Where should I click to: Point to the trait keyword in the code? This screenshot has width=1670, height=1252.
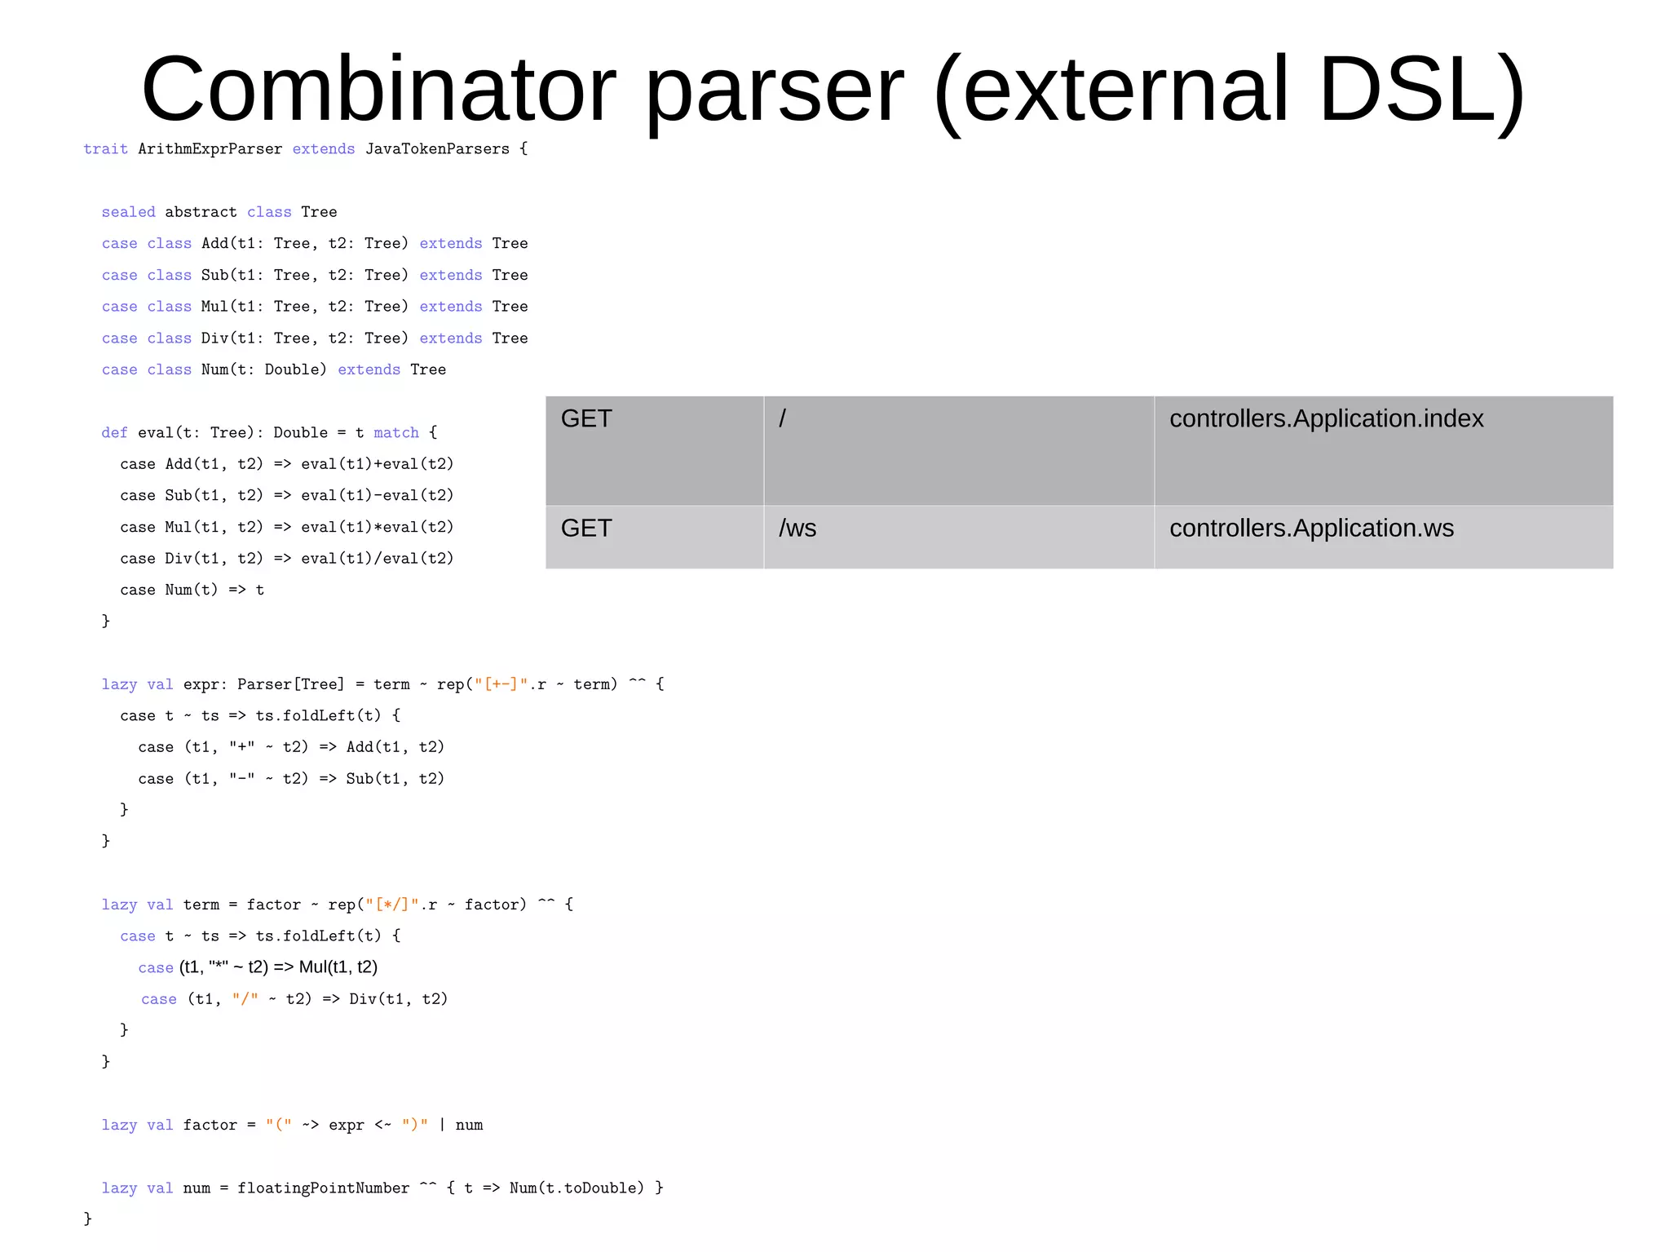click(x=105, y=149)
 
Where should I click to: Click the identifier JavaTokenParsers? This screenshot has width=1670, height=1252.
click(x=437, y=149)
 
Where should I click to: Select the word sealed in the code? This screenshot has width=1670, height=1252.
click(x=128, y=212)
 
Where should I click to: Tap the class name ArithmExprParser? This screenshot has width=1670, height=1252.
click(x=210, y=149)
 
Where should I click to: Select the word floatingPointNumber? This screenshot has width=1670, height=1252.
click(x=324, y=1188)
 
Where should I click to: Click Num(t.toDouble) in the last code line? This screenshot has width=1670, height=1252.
click(x=577, y=1188)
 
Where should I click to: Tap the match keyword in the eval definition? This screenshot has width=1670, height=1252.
click(x=396, y=433)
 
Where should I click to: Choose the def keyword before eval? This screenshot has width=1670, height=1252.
click(x=114, y=433)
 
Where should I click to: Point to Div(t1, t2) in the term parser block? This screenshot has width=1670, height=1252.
click(x=398, y=999)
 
